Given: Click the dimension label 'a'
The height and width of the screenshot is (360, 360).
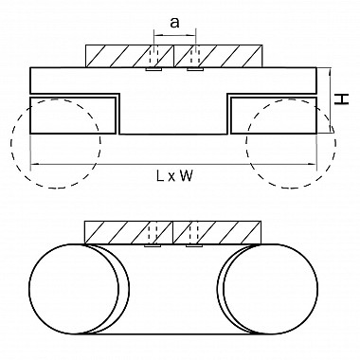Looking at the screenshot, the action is [x=174, y=23].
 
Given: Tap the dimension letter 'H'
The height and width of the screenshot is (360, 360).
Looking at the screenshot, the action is [x=342, y=99].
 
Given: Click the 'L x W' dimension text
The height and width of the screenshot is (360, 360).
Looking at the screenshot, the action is [x=174, y=175].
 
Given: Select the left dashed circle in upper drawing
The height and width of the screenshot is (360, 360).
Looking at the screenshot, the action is [x=10, y=144].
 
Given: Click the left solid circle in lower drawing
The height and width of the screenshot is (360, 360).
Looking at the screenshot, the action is [x=29, y=289].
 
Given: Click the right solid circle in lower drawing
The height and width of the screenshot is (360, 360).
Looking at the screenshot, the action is [x=317, y=289].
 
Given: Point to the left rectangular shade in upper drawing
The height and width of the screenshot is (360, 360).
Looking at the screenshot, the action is [x=73, y=116].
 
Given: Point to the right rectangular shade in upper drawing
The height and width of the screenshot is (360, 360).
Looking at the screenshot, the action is [x=274, y=116].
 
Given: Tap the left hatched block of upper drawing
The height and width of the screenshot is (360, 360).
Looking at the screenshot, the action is [x=130, y=56].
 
